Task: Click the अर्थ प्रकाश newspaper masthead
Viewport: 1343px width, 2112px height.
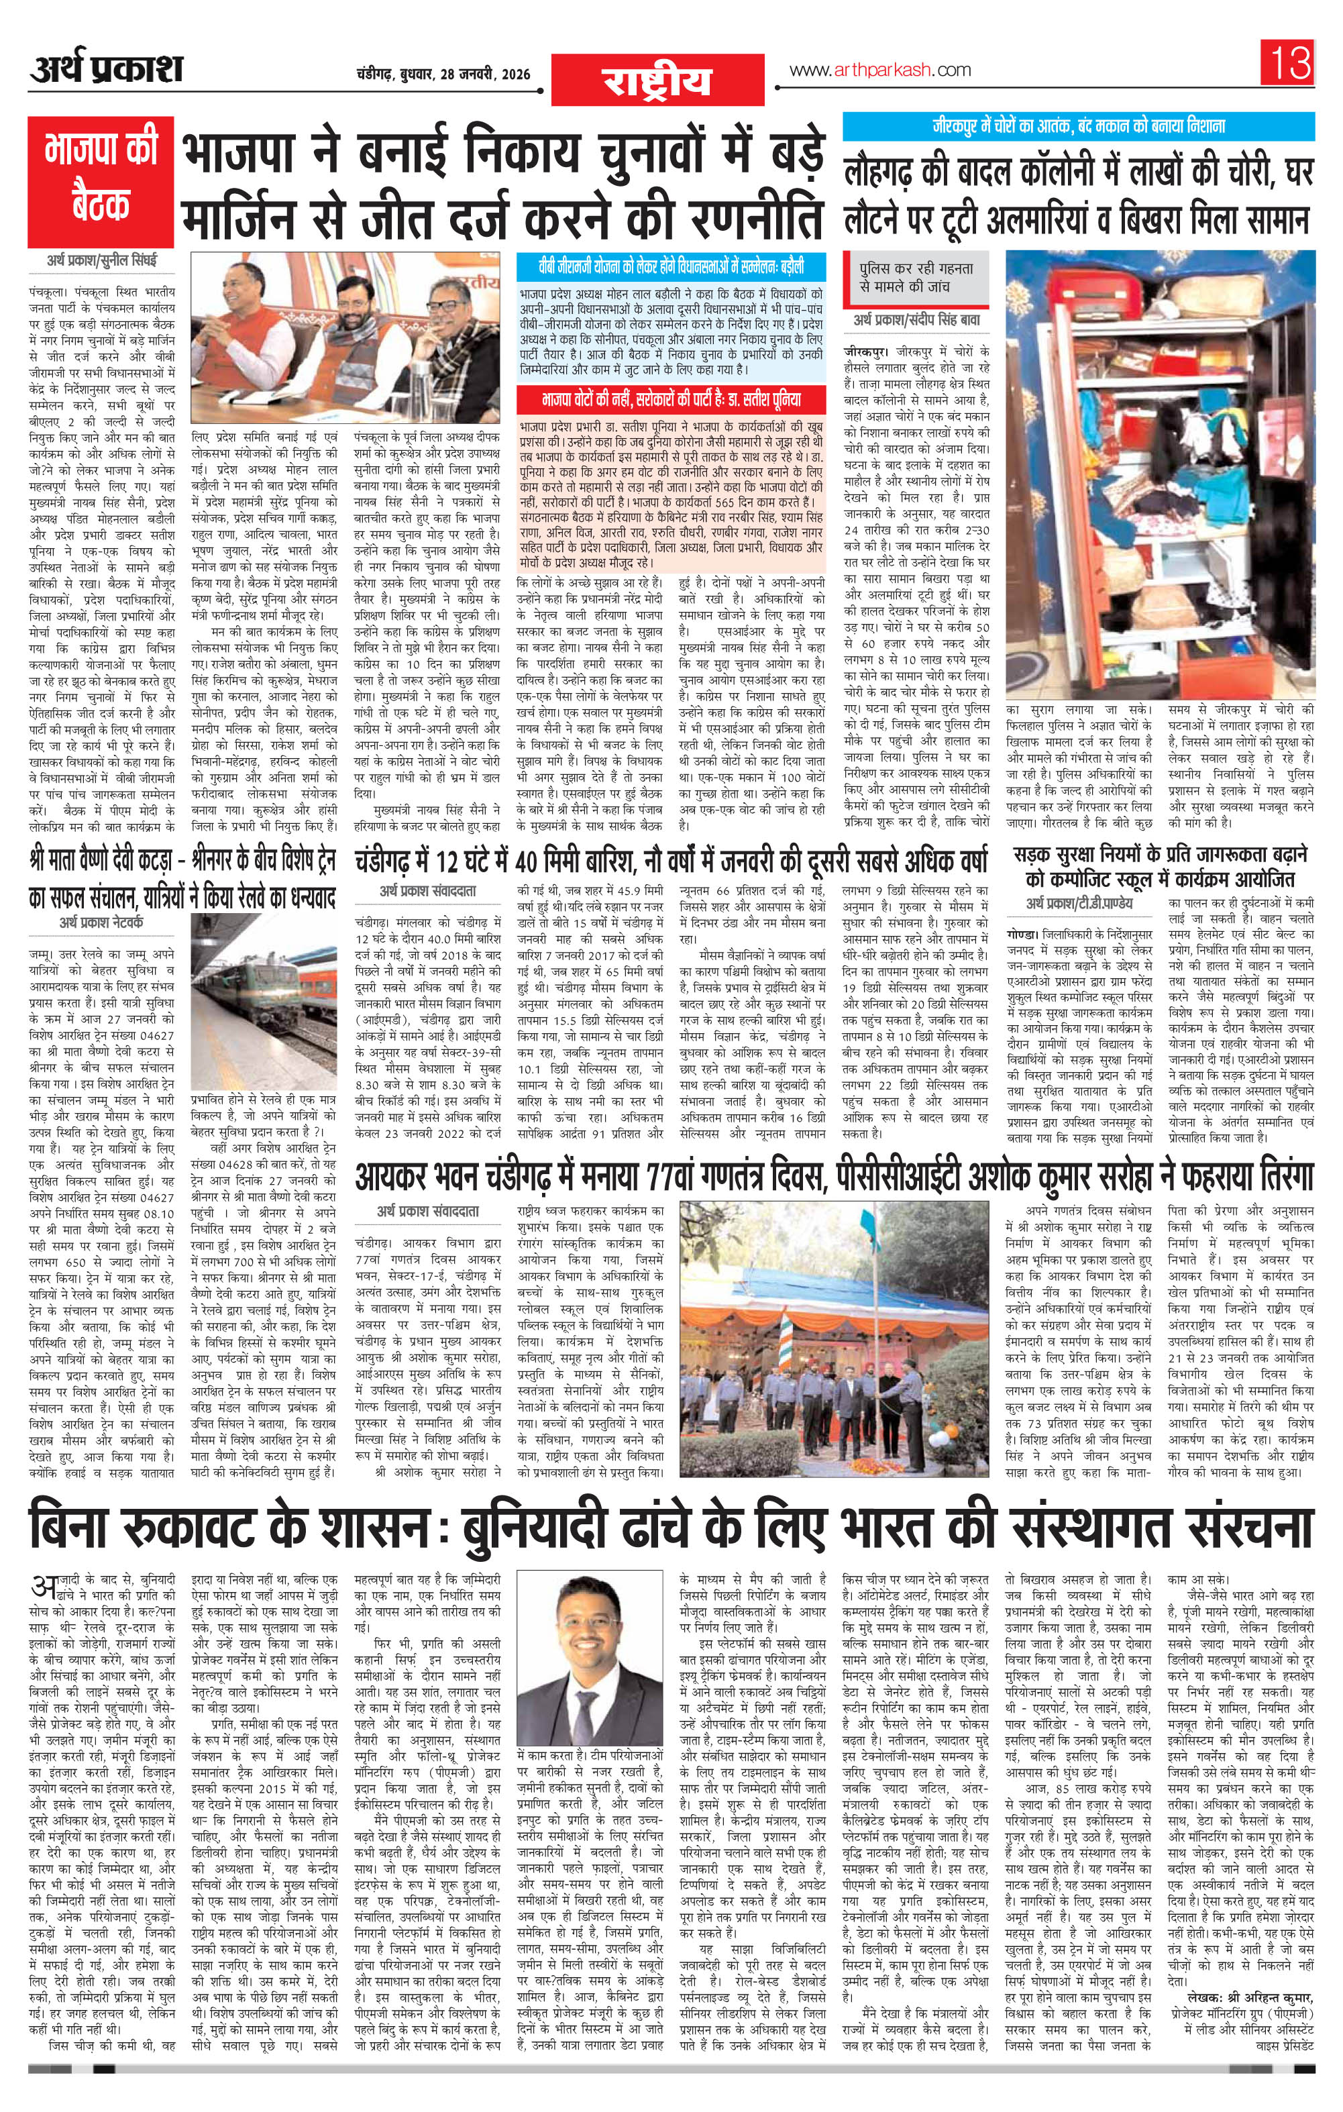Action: (105, 69)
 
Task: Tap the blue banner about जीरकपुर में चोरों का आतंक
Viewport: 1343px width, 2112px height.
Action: (1078, 126)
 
